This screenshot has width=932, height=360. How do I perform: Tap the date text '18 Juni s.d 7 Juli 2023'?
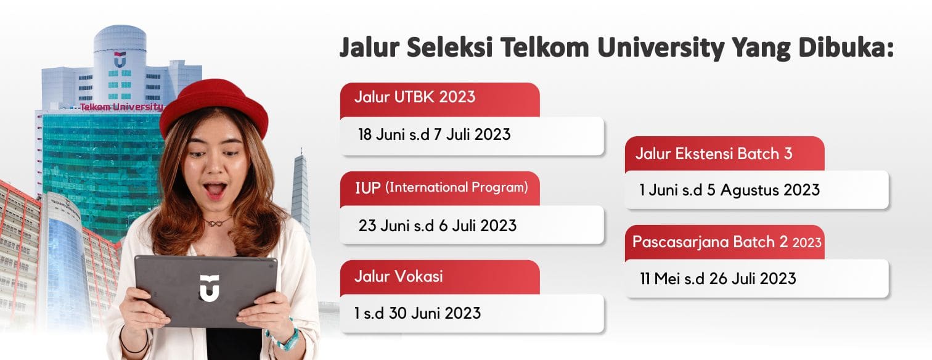tap(434, 134)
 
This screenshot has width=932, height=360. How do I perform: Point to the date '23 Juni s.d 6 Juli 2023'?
tap(437, 225)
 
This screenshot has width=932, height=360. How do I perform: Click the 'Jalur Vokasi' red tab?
tap(398, 276)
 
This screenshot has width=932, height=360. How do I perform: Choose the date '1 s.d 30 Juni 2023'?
tap(417, 313)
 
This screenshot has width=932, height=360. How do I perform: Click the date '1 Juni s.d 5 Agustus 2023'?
tap(729, 190)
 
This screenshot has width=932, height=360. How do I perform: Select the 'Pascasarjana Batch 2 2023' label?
tap(726, 242)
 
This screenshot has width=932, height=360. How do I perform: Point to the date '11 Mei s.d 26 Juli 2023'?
tap(717, 279)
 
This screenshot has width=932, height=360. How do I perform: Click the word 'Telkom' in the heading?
tap(543, 48)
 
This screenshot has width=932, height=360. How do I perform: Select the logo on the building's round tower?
tap(120, 60)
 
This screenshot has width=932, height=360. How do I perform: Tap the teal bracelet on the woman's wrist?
tap(287, 338)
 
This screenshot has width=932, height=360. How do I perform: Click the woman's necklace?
tap(219, 221)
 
